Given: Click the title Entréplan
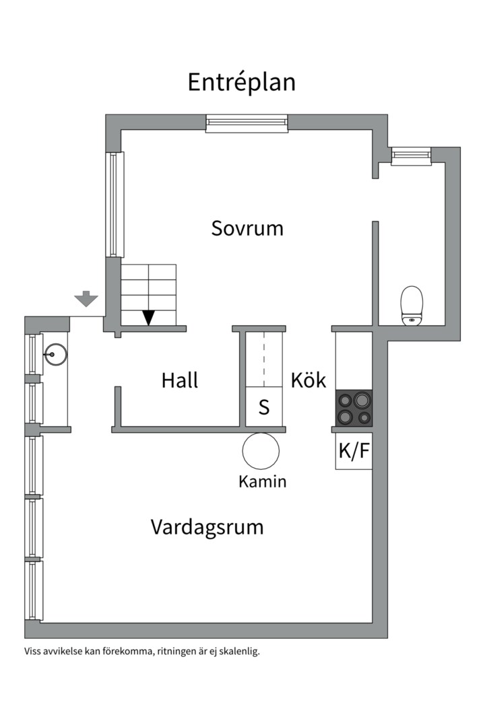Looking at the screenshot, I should (241, 82).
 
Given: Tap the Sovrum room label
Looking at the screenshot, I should (247, 228).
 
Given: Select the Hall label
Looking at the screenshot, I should (180, 380).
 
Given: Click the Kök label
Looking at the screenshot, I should (309, 380).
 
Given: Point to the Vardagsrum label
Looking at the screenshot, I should (207, 526).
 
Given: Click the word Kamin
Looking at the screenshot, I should (262, 482).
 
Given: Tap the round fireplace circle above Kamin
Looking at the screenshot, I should (261, 450).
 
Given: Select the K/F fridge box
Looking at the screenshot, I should (354, 451).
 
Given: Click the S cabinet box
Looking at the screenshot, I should (264, 407).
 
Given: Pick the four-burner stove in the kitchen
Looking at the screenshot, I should (354, 408).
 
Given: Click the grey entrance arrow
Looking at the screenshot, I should (86, 298).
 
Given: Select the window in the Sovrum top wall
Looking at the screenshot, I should (247, 122).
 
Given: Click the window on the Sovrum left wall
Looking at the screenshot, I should (115, 205).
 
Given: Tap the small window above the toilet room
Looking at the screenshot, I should (411, 155).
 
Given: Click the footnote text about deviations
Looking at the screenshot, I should (141, 651).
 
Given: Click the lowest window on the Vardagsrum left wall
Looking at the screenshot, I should (34, 590).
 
